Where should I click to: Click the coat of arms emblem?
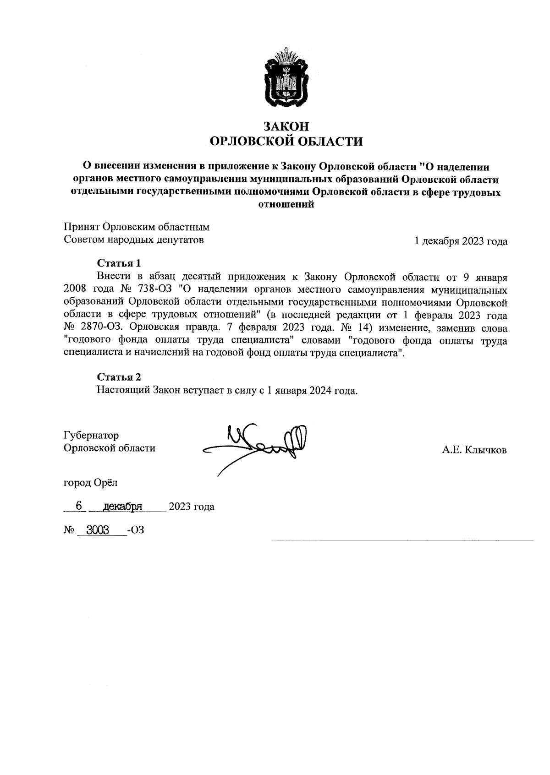point(286,77)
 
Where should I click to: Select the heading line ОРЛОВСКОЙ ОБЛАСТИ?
point(286,142)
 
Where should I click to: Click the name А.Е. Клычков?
point(474,450)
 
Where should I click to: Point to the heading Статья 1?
point(119,263)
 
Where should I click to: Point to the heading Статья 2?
point(119,377)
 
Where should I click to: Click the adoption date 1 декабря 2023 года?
point(461,241)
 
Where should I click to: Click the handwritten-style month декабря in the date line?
point(123,507)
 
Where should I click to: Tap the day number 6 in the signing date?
point(78,506)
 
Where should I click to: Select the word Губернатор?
point(91,435)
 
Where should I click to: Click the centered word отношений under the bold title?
point(286,205)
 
